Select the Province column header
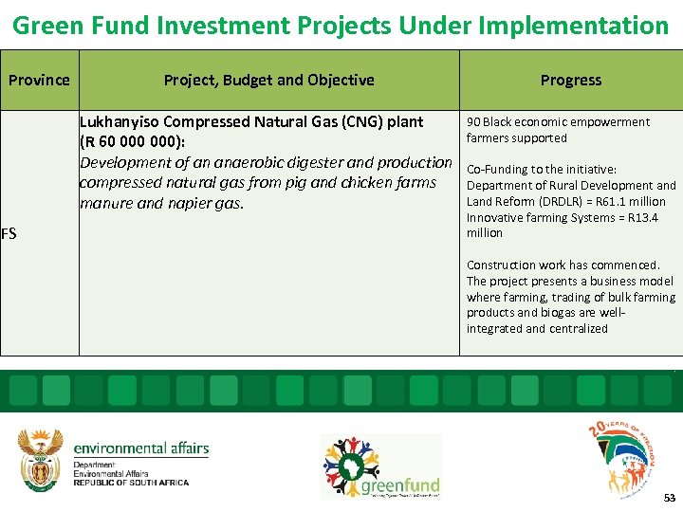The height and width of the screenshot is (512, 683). click(39, 80)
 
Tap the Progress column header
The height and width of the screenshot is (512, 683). click(570, 80)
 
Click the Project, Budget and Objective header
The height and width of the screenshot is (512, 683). click(268, 80)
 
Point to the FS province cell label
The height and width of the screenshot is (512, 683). click(9, 232)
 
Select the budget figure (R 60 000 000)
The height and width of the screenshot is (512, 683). click(138, 142)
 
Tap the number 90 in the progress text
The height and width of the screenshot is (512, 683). click(473, 121)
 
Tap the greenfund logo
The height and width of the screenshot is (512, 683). click(380, 467)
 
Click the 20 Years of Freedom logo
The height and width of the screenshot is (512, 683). click(621, 455)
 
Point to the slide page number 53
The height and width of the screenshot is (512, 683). click(670, 498)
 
